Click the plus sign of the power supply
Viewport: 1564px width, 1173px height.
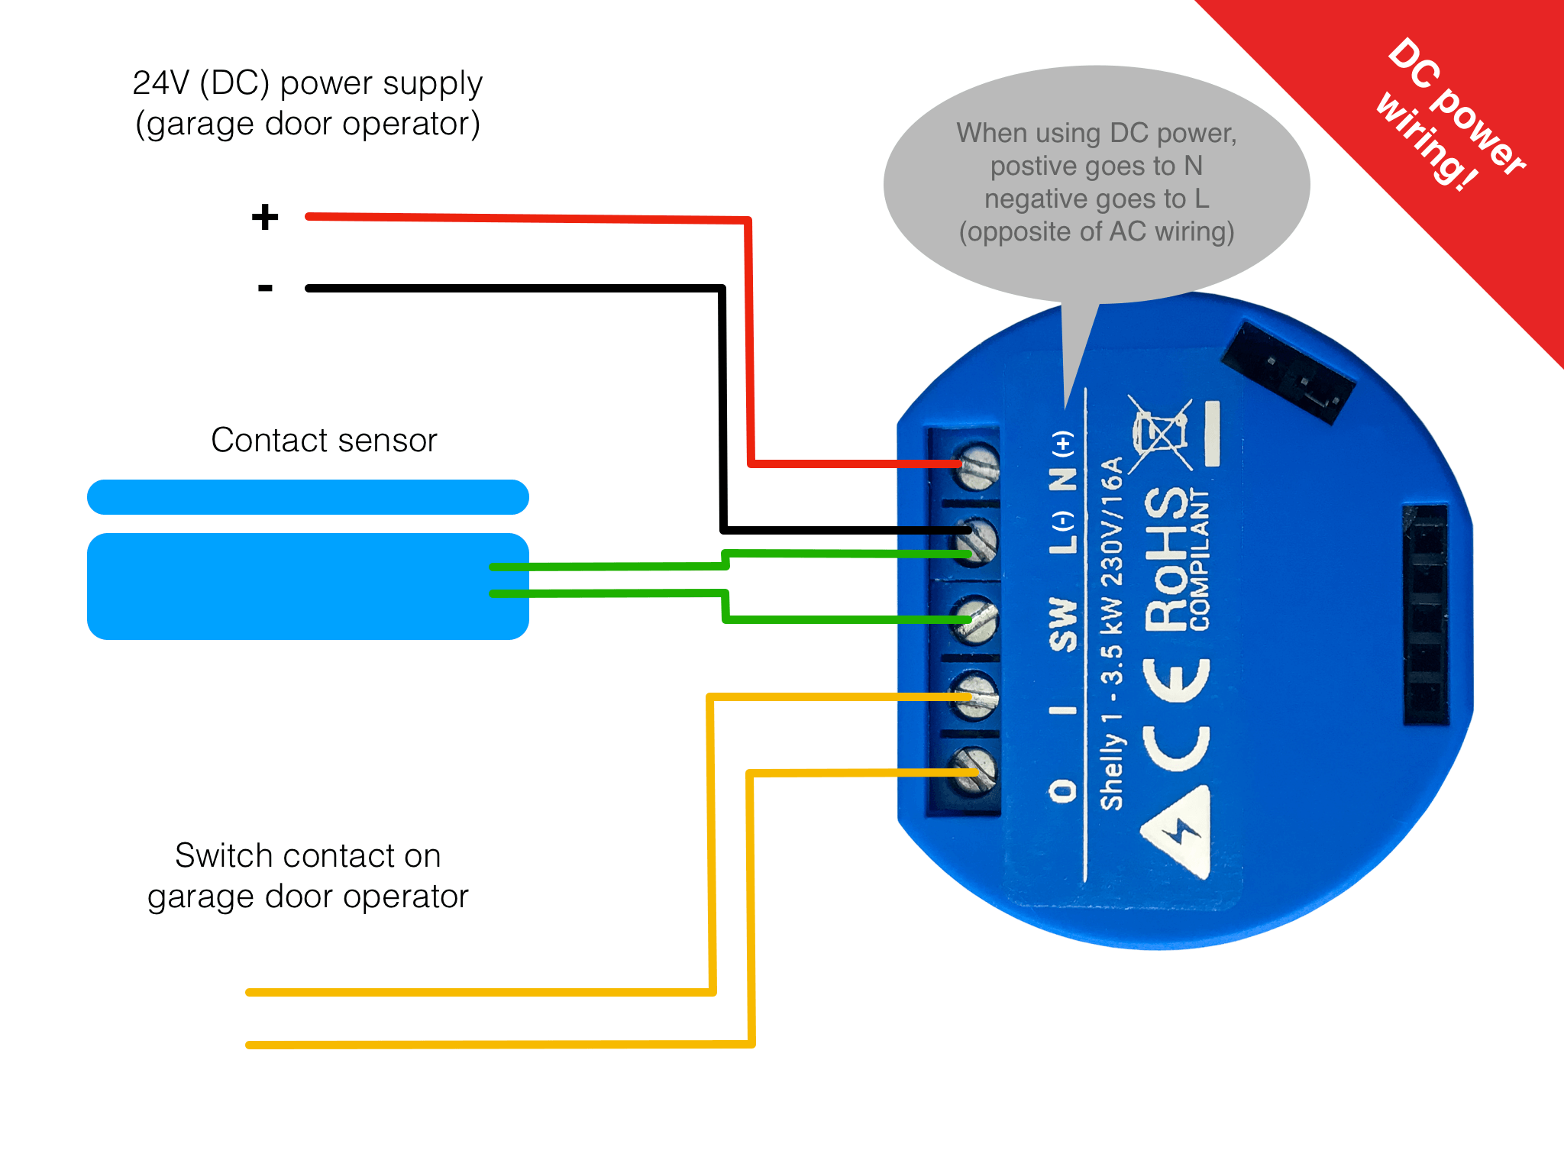pos(265,217)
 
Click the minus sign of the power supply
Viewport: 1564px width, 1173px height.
pos(265,288)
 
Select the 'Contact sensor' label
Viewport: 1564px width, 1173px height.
pos(324,440)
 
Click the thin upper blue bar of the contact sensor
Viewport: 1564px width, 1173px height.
pos(308,497)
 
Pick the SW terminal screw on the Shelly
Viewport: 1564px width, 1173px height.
pos(976,619)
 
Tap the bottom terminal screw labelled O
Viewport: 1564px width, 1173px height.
pos(975,770)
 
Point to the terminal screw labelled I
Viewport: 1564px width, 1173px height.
pos(975,696)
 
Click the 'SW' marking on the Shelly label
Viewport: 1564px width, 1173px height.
pos(1063,625)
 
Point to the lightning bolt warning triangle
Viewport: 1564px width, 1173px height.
pos(1176,832)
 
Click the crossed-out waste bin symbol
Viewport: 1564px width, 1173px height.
pos(1160,434)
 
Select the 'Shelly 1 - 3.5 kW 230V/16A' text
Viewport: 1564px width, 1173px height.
pos(1112,633)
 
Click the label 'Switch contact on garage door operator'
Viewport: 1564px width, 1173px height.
pos(308,876)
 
